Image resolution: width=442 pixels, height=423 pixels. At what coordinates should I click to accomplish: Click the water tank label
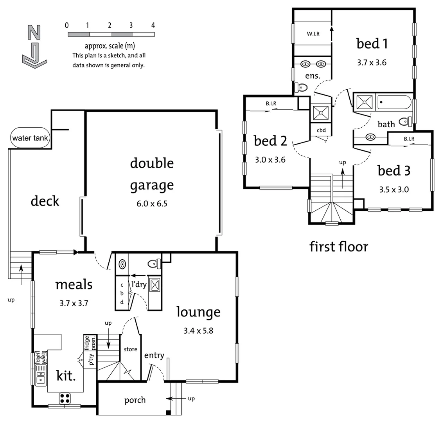pyautogui.click(x=30, y=138)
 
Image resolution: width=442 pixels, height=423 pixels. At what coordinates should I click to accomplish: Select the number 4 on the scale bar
pyautogui.click(x=153, y=25)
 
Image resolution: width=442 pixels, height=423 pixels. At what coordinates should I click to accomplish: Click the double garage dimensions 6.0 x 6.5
pyautogui.click(x=151, y=204)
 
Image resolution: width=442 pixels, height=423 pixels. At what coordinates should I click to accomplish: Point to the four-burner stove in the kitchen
pyautogui.click(x=65, y=399)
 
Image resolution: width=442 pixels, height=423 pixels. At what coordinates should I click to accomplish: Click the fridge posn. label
pyautogui.click(x=90, y=343)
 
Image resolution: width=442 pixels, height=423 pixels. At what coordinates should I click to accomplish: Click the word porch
pyautogui.click(x=135, y=400)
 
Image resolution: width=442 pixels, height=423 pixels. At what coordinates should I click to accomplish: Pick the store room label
pyautogui.click(x=130, y=349)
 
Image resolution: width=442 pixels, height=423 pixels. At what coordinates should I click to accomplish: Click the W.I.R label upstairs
pyautogui.click(x=313, y=34)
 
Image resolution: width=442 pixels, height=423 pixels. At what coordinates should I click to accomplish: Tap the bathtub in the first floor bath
pyautogui.click(x=394, y=103)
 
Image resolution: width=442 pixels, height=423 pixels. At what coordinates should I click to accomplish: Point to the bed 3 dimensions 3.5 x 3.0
pyautogui.click(x=394, y=190)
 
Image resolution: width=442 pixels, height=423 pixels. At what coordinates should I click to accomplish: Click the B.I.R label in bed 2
pyautogui.click(x=271, y=104)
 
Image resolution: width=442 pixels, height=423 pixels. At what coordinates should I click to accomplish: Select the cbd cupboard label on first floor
pyautogui.click(x=321, y=130)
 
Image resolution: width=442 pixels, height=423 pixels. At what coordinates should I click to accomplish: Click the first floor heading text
pyautogui.click(x=339, y=247)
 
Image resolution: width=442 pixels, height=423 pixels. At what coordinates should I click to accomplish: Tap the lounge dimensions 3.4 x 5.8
pyautogui.click(x=198, y=331)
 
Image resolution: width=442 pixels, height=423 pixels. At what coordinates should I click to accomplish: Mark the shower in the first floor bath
pyautogui.click(x=364, y=103)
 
